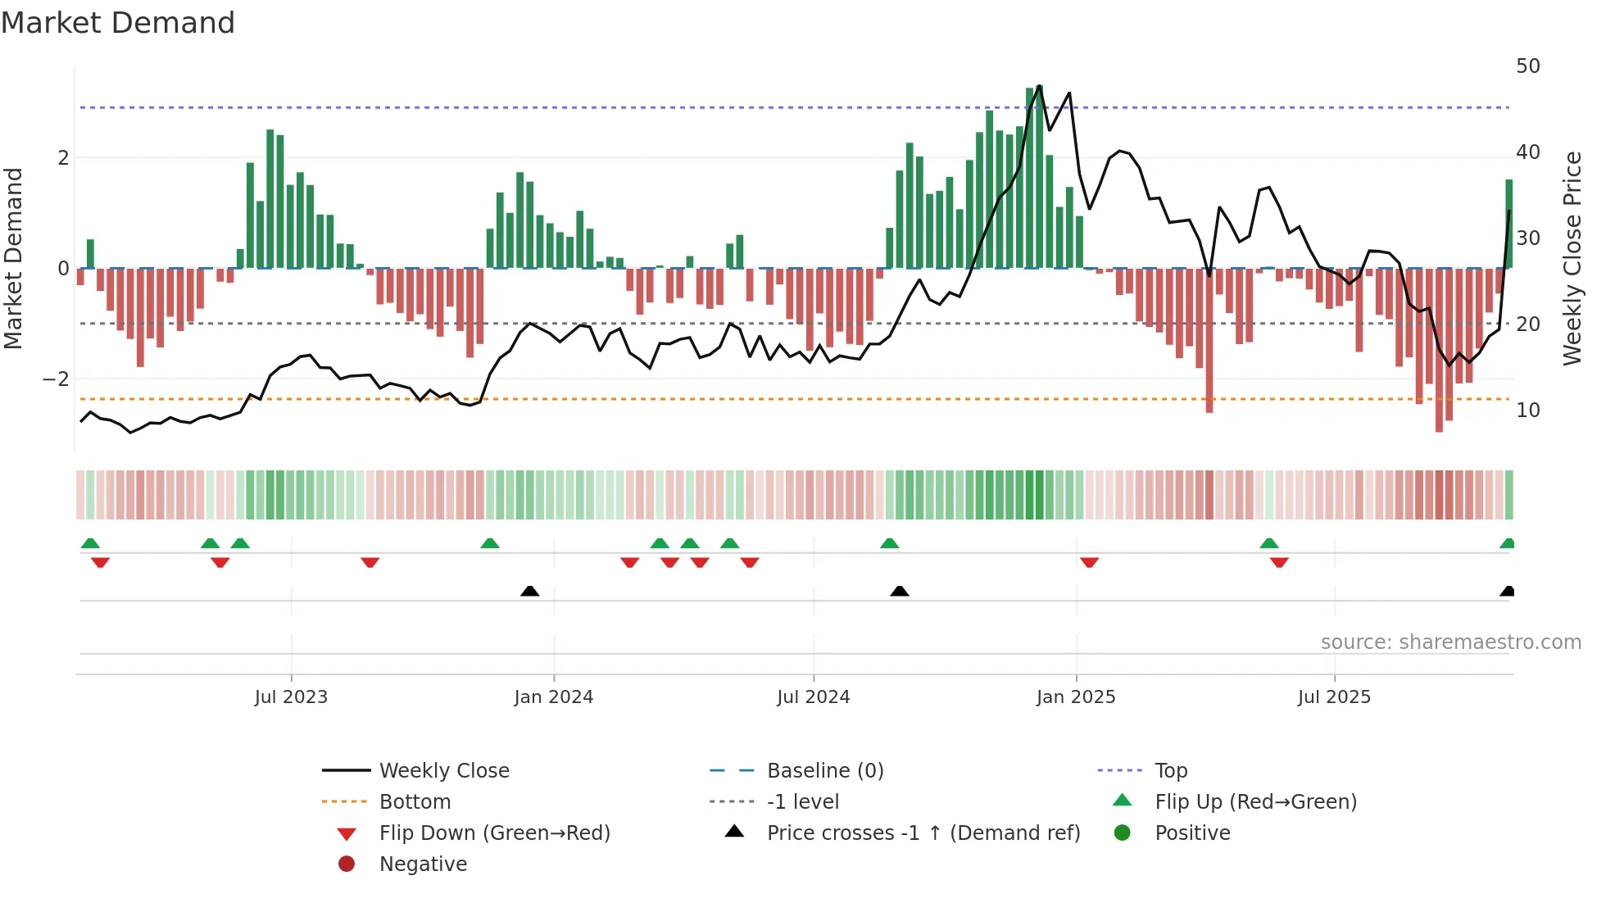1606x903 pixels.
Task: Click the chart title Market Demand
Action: [x=118, y=23]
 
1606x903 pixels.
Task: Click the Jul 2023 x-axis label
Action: [x=291, y=697]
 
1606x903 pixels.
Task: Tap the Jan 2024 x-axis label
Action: [x=553, y=697]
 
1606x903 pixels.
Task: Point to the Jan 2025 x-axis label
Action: [x=1075, y=697]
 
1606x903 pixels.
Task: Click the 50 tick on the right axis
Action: [x=1527, y=66]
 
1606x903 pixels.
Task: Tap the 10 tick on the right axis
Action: [x=1527, y=411]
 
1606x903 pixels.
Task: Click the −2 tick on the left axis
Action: [x=56, y=379]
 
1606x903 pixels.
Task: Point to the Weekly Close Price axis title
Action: [x=1572, y=258]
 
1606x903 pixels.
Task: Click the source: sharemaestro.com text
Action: [x=1450, y=642]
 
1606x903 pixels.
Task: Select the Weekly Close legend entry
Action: [x=443, y=771]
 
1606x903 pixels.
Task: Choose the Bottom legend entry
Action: [x=415, y=802]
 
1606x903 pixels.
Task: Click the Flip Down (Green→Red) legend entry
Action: [x=494, y=833]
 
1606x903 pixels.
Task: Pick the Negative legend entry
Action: [x=423, y=864]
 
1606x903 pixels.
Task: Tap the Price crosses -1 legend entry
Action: [x=923, y=833]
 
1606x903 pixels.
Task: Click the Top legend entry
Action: [x=1170, y=771]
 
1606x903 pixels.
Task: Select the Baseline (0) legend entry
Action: [x=824, y=771]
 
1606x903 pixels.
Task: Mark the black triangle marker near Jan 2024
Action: [x=529, y=591]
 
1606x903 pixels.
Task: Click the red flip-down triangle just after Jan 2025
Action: [x=1089, y=562]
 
